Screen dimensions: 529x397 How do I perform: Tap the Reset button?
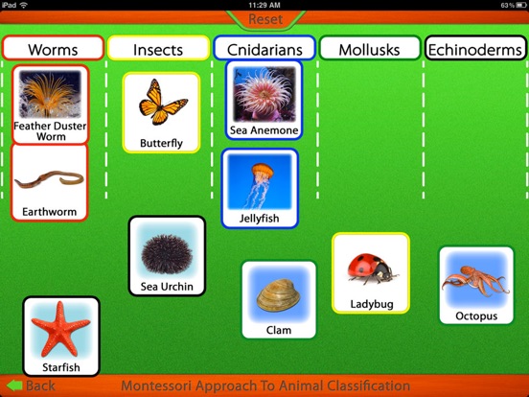pyautogui.click(x=265, y=19)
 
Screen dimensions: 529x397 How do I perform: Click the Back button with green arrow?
pyautogui.click(x=31, y=385)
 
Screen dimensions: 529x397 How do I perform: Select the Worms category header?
pyautogui.click(x=53, y=48)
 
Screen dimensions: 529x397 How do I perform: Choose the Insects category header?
pyautogui.click(x=158, y=48)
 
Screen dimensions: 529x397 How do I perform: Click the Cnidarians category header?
pyautogui.click(x=264, y=48)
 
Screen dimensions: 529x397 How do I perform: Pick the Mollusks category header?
pyautogui.click(x=370, y=48)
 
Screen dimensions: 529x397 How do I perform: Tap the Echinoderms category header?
pyautogui.click(x=475, y=48)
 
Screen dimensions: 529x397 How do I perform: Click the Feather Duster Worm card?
pyautogui.click(x=50, y=105)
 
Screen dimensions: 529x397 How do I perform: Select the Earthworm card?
pyautogui.click(x=50, y=182)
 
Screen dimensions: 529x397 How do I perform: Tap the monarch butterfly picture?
pyautogui.click(x=163, y=102)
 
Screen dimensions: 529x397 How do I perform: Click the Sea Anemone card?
pyautogui.click(x=264, y=101)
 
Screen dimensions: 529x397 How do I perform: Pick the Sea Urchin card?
pyautogui.click(x=167, y=256)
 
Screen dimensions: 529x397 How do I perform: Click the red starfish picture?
pyautogui.click(x=60, y=330)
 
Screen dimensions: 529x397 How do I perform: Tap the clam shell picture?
pyautogui.click(x=278, y=294)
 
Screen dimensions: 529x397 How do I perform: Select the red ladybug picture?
pyautogui.click(x=372, y=269)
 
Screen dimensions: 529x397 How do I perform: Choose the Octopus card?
pyautogui.click(x=476, y=285)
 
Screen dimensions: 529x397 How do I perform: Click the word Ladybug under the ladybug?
pyautogui.click(x=372, y=304)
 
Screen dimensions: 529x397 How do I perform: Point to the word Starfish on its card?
pyautogui.click(x=61, y=367)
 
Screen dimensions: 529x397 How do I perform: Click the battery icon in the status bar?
pyautogui.click(x=521, y=5)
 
